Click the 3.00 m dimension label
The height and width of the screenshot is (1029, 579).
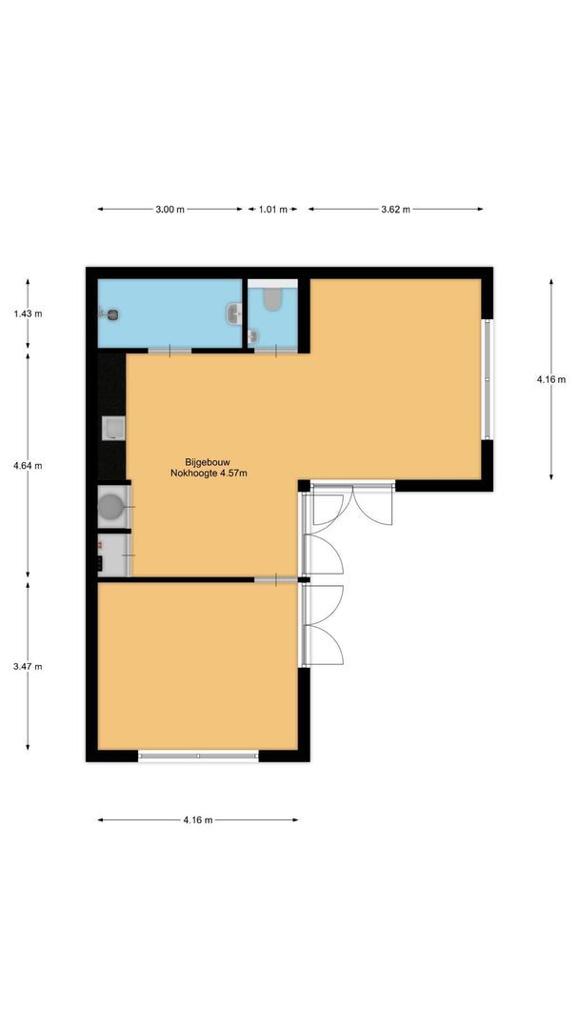pos(170,210)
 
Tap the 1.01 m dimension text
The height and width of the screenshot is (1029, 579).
pos(273,210)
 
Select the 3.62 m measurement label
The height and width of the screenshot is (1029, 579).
pos(395,210)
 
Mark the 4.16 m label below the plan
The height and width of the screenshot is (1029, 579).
pos(197,819)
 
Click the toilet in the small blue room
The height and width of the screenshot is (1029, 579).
pos(274,300)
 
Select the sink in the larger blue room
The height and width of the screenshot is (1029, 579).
pos(233,313)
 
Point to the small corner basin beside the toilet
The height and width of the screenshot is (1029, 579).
pos(253,336)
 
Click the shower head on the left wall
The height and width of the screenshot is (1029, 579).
pos(110,313)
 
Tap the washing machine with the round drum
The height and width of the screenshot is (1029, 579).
pos(112,506)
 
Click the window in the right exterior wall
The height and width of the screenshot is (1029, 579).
pos(488,379)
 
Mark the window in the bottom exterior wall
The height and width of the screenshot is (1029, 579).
pos(198,757)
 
